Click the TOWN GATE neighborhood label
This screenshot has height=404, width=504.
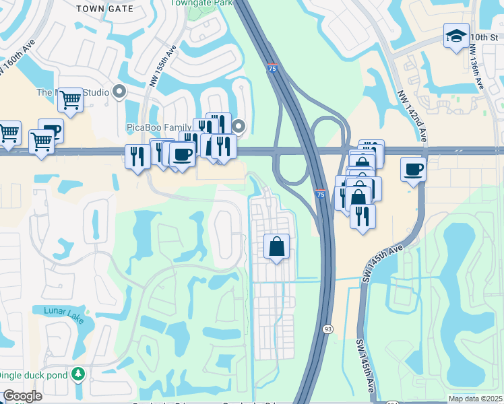(x=101, y=8)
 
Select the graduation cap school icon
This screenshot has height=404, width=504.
(x=456, y=36)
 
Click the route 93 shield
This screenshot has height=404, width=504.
(x=327, y=329)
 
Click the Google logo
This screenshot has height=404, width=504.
(x=22, y=396)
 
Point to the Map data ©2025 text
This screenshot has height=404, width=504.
(x=474, y=399)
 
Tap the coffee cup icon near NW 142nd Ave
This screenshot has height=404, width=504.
(x=413, y=168)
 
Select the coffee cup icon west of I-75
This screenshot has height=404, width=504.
(x=182, y=154)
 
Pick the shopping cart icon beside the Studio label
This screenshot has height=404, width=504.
(x=70, y=100)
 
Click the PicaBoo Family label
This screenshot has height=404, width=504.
(x=158, y=127)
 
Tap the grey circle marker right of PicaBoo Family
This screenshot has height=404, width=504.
(x=239, y=126)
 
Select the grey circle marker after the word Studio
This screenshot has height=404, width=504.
(x=121, y=92)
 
